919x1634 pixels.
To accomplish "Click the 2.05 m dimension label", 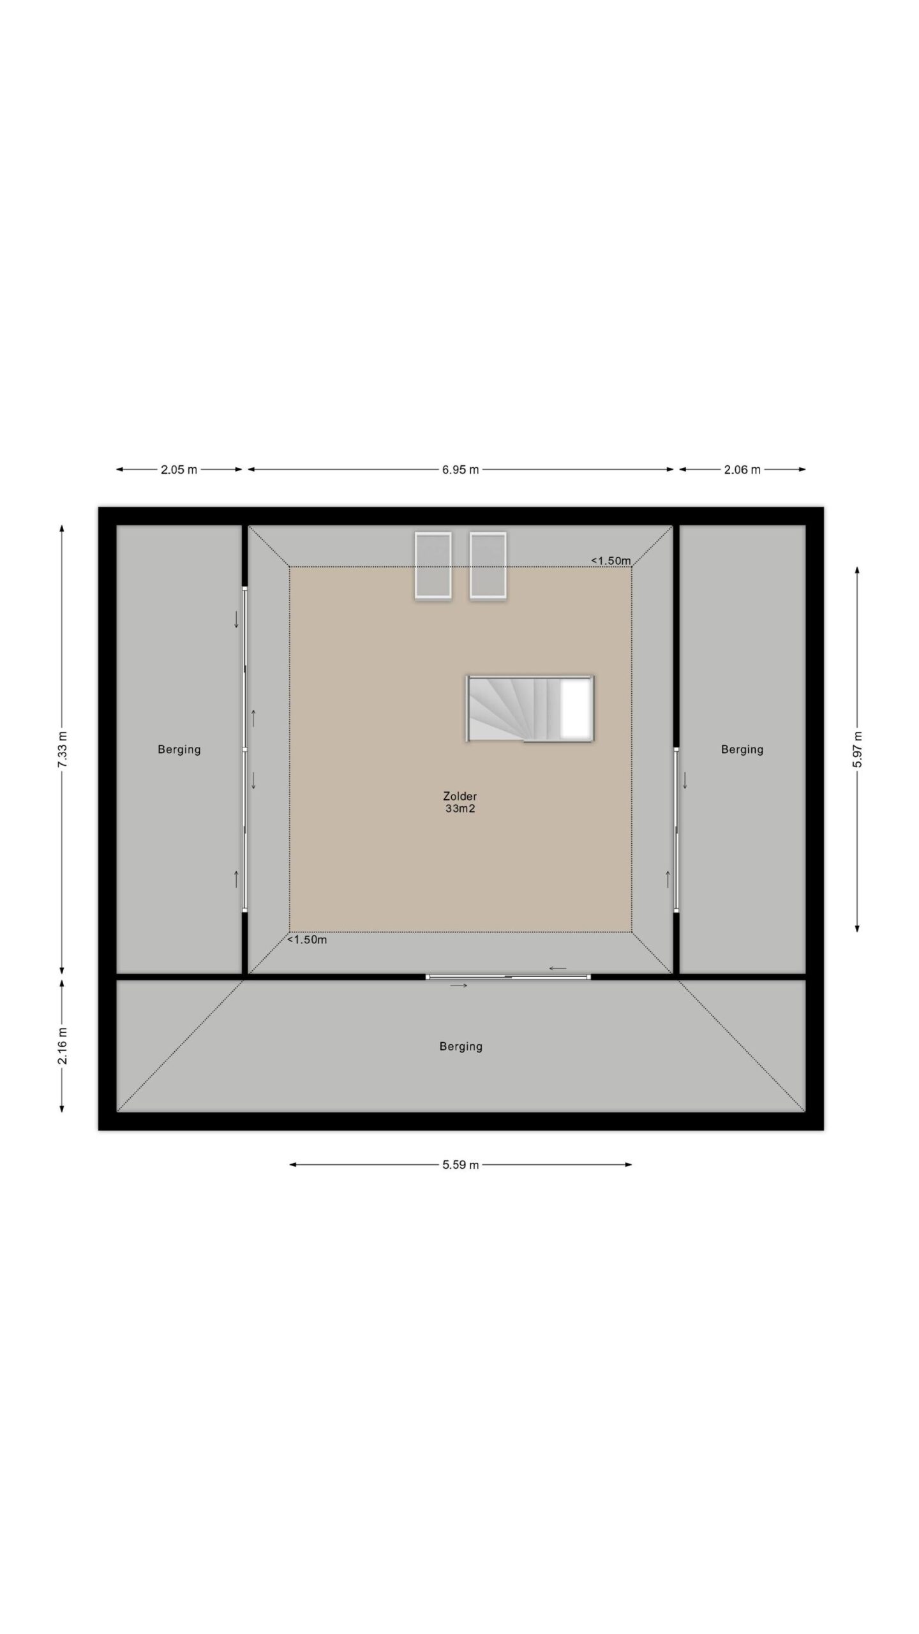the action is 179,470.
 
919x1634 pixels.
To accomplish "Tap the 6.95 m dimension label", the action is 460,470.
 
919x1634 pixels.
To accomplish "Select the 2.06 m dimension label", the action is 742,470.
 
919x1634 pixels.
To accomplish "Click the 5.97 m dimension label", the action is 857,749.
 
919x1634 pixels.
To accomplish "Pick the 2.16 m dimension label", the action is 62,1046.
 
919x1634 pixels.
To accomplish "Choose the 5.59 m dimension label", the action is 460,1165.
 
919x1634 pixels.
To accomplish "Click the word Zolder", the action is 460,796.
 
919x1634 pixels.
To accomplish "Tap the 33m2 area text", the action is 460,809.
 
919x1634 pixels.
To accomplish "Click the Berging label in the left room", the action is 179,749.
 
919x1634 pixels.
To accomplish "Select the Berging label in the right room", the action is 742,749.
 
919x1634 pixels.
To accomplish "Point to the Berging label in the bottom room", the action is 461,1046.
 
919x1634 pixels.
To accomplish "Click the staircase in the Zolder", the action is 530,708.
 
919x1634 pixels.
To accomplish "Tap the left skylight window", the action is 433,566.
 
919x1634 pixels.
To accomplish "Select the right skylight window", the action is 488,566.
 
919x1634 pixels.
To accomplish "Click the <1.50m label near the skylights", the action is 611,560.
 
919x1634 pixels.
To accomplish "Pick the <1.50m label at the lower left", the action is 307,940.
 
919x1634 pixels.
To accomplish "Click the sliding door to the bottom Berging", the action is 509,977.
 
